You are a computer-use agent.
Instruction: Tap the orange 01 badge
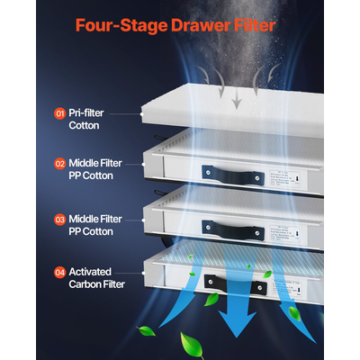point(59,114)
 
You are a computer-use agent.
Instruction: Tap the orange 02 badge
point(59,165)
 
